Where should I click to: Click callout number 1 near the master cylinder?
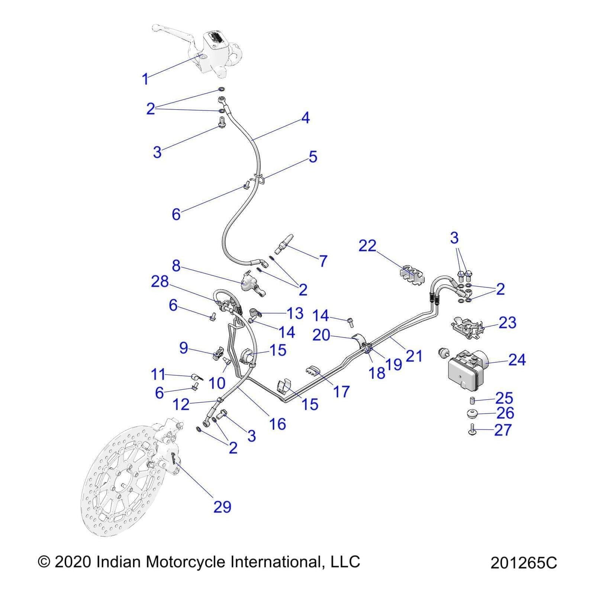coord(145,79)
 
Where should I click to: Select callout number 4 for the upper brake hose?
coord(305,118)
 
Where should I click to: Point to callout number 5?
coord(313,157)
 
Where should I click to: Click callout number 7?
coord(323,261)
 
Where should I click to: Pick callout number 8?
coord(176,266)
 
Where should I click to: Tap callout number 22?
coord(367,246)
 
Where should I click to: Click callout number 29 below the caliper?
coord(222,507)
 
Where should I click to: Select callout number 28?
coord(160,282)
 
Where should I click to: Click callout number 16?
coord(277,424)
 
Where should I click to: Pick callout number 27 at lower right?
coord(503,430)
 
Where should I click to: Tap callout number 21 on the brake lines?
coord(414,356)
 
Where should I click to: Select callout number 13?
coord(295,313)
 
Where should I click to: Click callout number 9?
coord(183,348)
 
